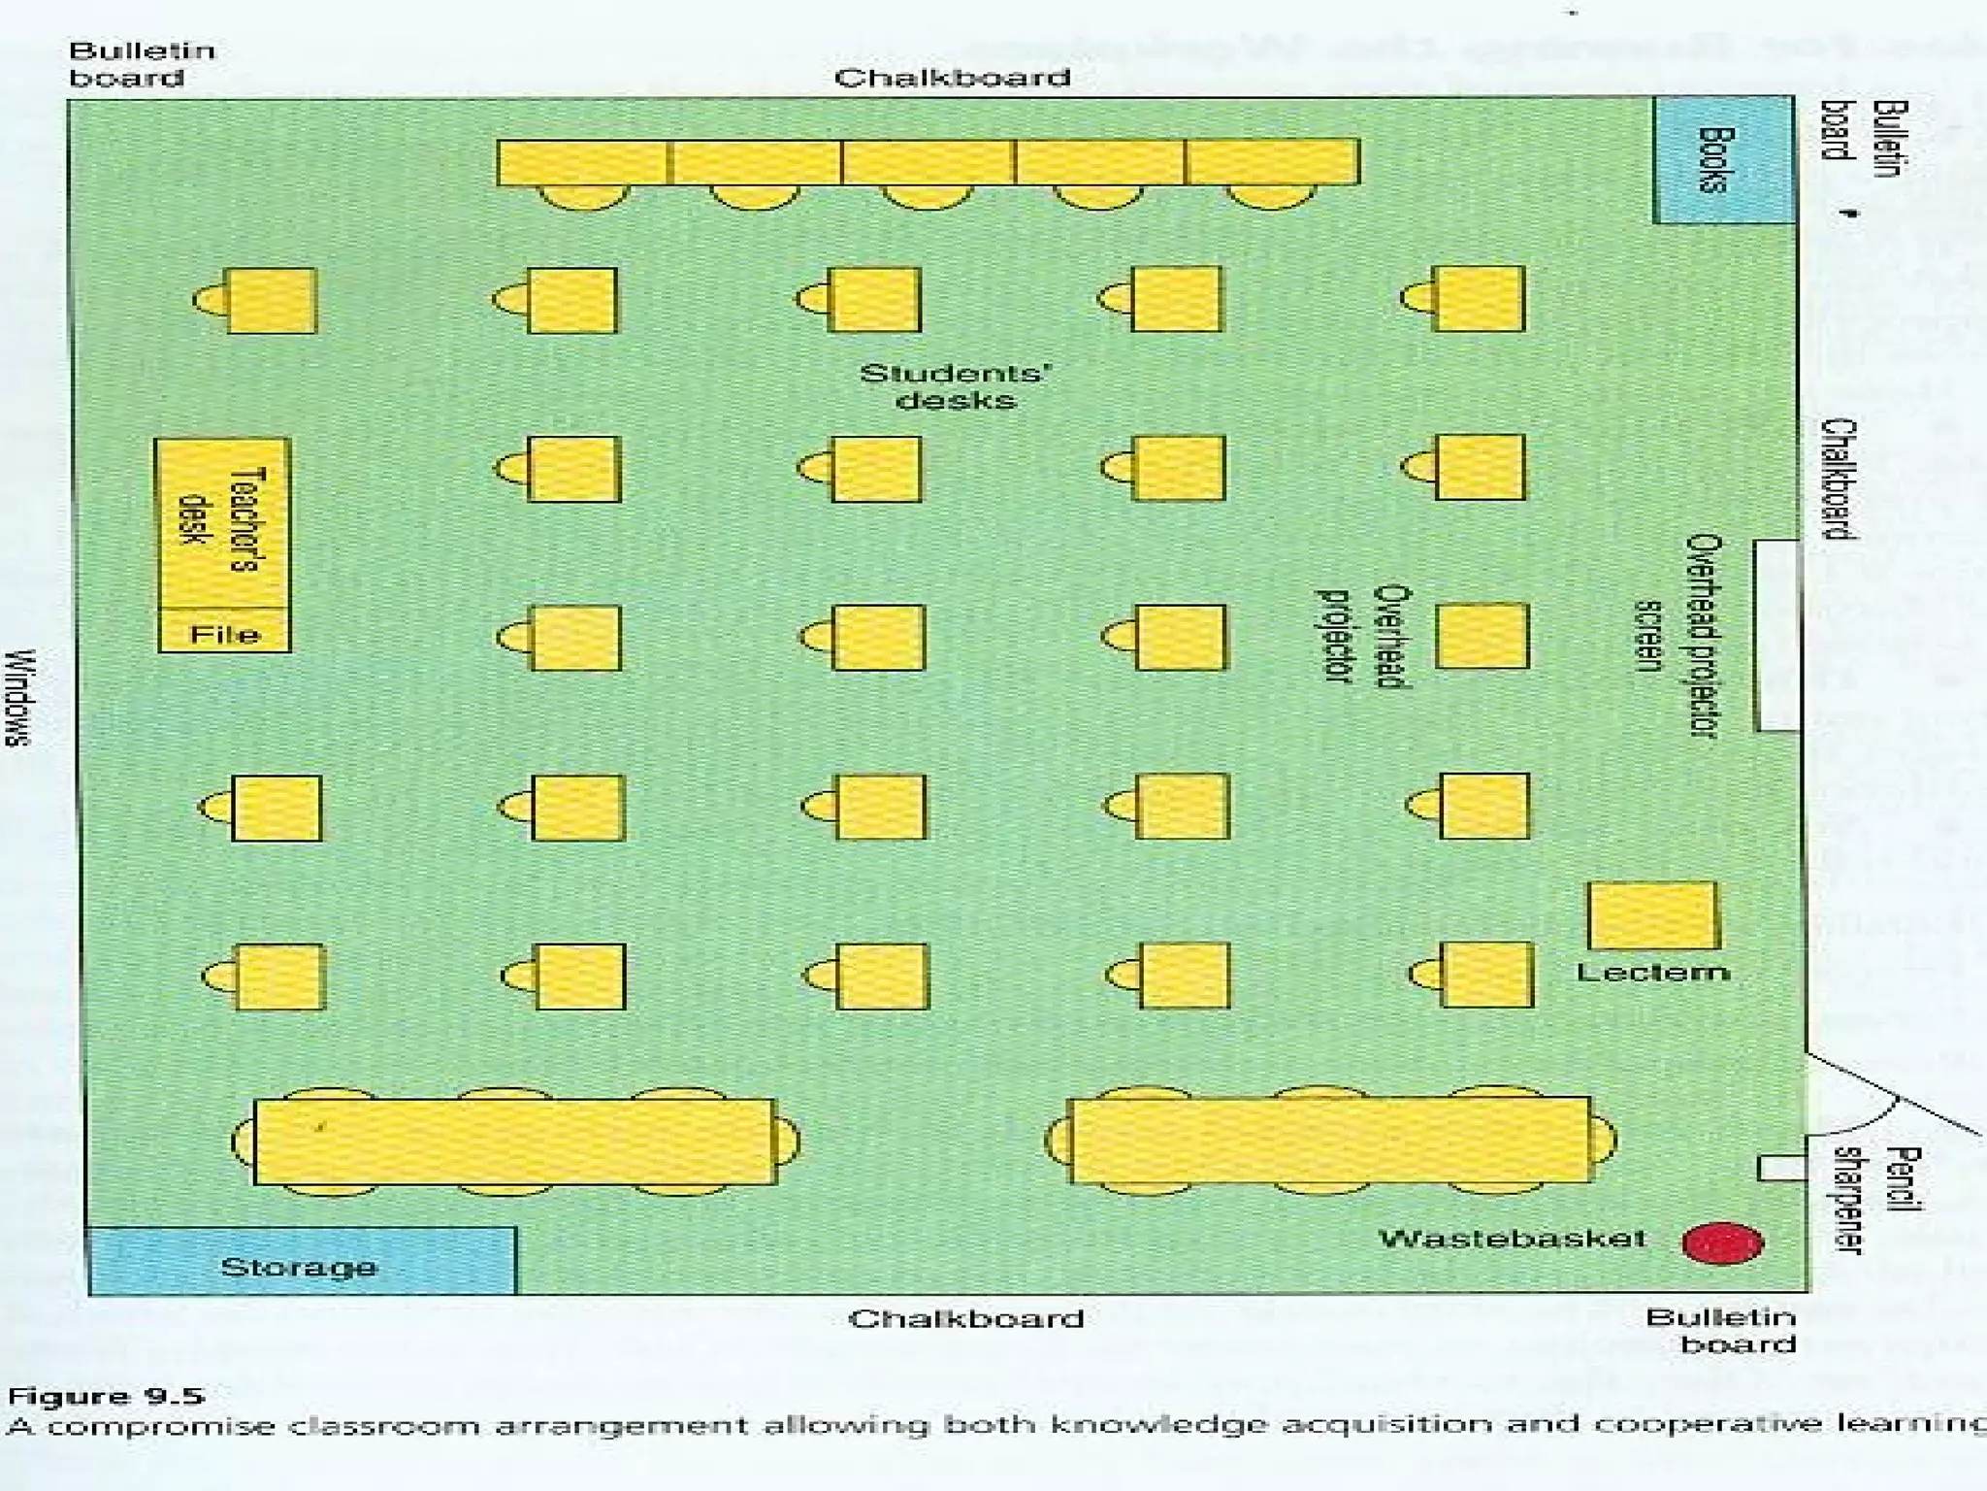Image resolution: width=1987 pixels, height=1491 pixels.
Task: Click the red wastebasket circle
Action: (1722, 1243)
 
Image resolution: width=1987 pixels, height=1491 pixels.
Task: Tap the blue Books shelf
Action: (1722, 160)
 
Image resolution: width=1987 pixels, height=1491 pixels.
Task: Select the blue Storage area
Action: (301, 1262)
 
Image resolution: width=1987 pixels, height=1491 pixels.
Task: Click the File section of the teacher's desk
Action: (224, 634)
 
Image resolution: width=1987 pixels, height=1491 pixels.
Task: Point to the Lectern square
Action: (1651, 915)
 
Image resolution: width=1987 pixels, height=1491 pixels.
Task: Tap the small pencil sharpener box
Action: (1781, 1168)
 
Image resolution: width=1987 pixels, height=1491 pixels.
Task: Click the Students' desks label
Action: (956, 386)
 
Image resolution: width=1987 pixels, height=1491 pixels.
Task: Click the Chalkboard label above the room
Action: (952, 78)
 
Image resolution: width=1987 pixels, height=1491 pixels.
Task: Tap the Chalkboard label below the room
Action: (966, 1318)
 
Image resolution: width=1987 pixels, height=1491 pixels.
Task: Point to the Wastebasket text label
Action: (1512, 1239)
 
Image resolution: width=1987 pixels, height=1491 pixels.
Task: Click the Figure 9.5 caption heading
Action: (107, 1397)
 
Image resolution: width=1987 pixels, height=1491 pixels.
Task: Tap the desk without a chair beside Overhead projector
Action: (1482, 636)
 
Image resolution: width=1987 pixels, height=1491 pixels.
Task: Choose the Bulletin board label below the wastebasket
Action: (1721, 1330)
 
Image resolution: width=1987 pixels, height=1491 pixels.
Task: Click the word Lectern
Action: (1652, 972)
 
